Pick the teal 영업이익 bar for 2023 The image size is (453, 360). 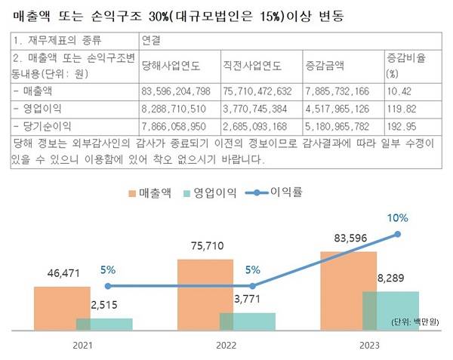(x=391, y=309)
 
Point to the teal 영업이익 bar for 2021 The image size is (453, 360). (x=104, y=324)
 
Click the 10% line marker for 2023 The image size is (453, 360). (x=399, y=235)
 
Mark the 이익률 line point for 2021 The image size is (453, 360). (x=108, y=286)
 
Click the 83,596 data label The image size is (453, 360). (x=348, y=239)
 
